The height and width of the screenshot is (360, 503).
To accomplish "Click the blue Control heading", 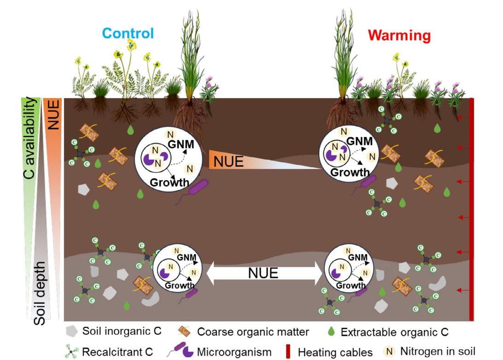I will point(128,33).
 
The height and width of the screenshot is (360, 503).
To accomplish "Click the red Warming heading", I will point(399,35).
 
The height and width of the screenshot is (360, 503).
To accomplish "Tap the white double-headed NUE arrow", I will point(263,273).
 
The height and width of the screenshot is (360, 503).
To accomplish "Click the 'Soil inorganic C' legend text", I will point(122,331).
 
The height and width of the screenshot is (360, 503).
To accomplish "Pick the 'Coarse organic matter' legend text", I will point(253,332).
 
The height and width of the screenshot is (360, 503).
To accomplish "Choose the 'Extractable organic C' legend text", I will point(394,331).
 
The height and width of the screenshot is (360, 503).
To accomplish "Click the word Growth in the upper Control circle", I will point(169,182).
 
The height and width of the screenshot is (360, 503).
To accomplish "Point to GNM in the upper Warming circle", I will point(360,142).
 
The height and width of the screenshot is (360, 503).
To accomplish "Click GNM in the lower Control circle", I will point(187,257).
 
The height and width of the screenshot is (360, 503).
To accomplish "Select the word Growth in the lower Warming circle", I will point(351,286).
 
